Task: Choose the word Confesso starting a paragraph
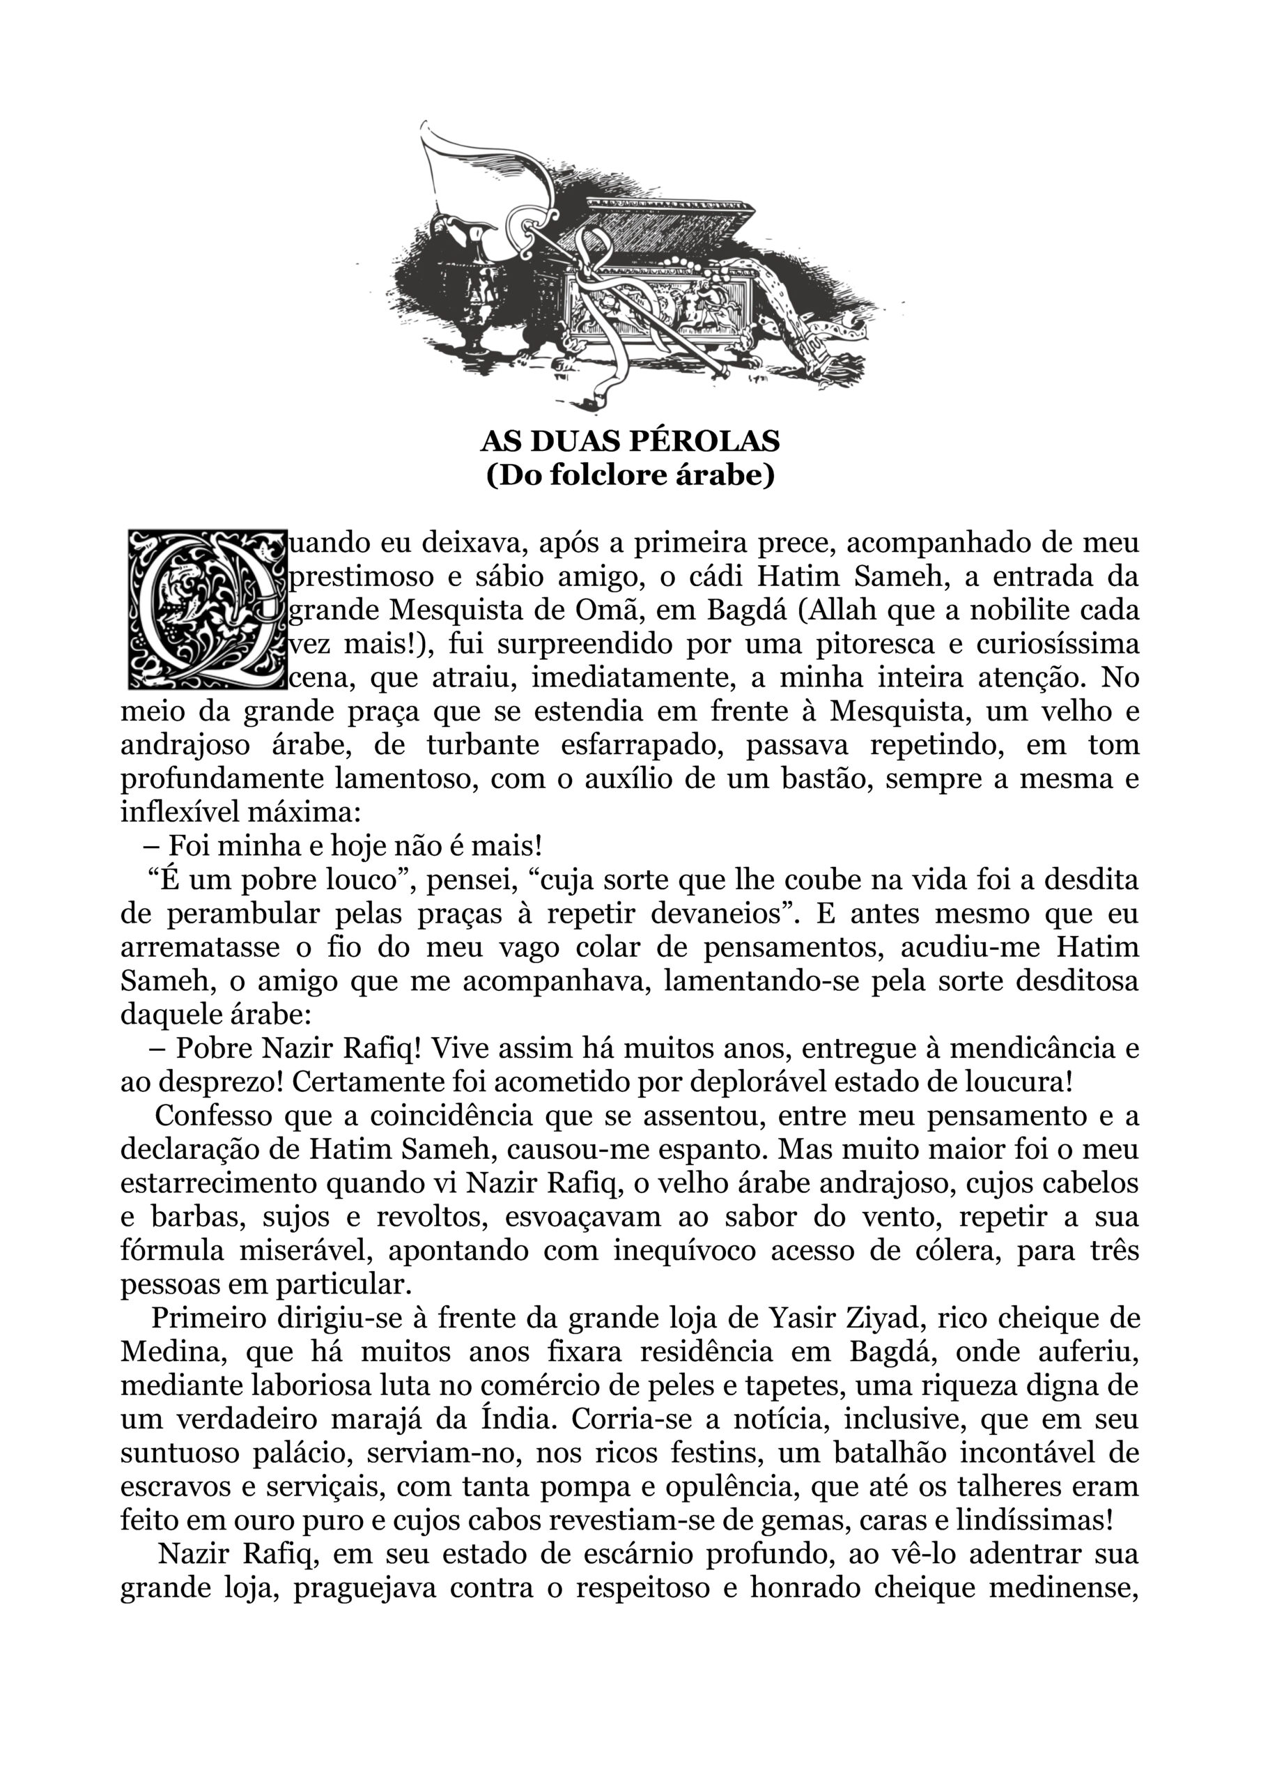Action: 215,1116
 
